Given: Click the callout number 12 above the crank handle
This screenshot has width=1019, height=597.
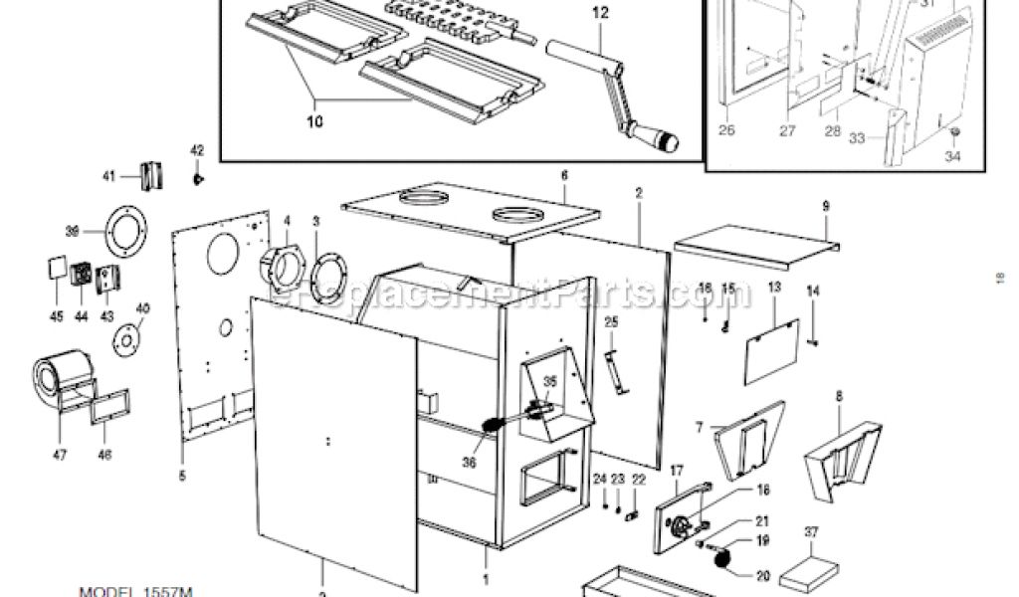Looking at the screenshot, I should click(599, 14).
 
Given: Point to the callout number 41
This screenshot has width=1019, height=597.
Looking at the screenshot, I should click(108, 176).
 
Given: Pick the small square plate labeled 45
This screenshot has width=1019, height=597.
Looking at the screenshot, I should click(56, 268).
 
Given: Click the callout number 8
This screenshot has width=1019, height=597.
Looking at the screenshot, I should click(839, 395).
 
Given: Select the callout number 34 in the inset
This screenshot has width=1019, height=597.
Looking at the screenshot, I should click(953, 155).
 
